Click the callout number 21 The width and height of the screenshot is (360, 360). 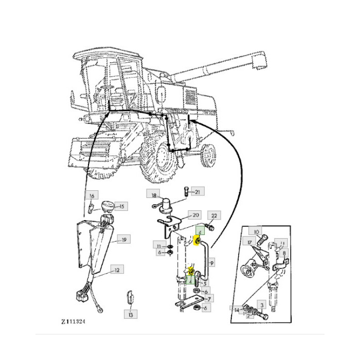point(198,192)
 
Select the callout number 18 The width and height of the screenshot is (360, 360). point(153,194)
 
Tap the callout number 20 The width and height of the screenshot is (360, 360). point(195,215)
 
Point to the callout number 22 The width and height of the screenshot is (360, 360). point(214,215)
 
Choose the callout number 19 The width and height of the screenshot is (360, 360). point(124,239)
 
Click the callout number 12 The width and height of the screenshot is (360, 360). point(117,269)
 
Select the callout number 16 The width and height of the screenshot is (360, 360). point(92,195)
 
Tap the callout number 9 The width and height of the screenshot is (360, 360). point(212,263)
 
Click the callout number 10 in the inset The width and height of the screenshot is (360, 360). point(256,232)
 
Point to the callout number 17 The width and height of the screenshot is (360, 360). point(250,243)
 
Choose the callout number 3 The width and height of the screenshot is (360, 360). point(261,305)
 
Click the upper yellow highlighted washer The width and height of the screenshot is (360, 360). point(197,241)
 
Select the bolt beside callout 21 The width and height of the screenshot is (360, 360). point(186,192)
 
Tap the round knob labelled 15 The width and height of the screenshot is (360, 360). point(108,207)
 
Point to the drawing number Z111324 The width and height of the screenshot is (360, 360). point(73,321)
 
